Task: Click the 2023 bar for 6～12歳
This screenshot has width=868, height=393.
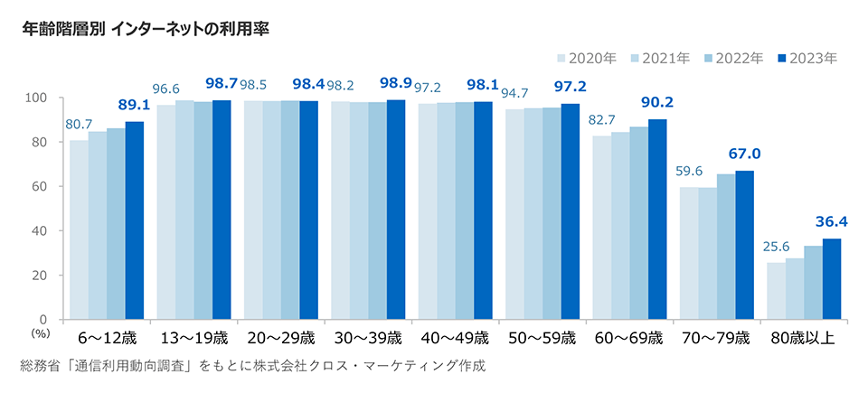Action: (135, 220)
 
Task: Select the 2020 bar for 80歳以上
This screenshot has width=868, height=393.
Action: (776, 290)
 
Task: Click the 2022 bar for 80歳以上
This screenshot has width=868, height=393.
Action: (813, 282)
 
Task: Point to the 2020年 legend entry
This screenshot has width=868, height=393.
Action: (587, 59)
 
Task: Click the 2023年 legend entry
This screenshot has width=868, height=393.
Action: (807, 59)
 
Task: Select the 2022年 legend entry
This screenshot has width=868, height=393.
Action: (734, 59)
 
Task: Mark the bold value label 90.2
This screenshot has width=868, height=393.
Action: (656, 102)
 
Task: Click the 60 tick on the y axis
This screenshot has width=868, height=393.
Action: (40, 186)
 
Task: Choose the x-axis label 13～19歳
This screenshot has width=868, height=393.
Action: (193, 339)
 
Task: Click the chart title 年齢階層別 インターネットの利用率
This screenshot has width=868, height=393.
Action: (145, 28)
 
